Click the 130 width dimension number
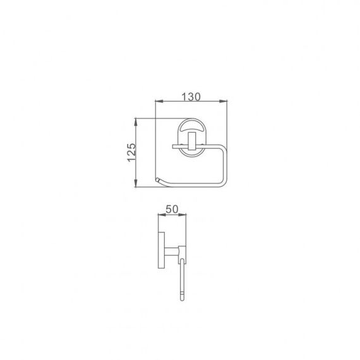tap(191, 97)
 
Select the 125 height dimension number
tap(131, 152)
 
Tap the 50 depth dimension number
tap(172, 209)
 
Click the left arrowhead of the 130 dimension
tap(159, 101)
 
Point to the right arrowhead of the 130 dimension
tap(224, 101)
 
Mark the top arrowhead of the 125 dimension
tap(136, 122)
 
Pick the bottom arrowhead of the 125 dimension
tap(136, 183)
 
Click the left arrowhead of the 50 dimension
tap(162, 215)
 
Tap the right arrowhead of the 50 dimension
tap(183, 215)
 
